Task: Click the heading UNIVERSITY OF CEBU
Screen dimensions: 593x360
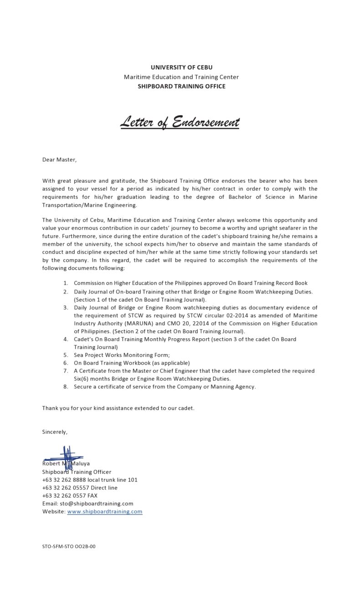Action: coord(181,67)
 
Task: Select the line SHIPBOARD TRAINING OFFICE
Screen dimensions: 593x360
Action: coord(181,86)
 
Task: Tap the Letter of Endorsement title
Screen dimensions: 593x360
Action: coord(180,122)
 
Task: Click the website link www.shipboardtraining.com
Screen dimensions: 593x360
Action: coord(105,511)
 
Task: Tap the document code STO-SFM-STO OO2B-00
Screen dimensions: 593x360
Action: coord(69,546)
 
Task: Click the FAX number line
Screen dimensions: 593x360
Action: coord(70,495)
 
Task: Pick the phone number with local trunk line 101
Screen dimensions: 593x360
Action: coord(90,480)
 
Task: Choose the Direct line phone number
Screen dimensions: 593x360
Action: coord(80,488)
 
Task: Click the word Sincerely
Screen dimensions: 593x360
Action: coord(54,432)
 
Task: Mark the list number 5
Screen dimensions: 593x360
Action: coord(66,355)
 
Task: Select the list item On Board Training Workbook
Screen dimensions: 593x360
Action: coord(132,363)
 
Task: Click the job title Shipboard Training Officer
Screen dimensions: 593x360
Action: coord(77,472)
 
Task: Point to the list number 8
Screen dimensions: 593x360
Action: coord(66,387)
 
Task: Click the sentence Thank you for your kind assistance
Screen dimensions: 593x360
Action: coord(118,408)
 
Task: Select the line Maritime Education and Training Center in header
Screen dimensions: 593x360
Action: coord(181,77)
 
